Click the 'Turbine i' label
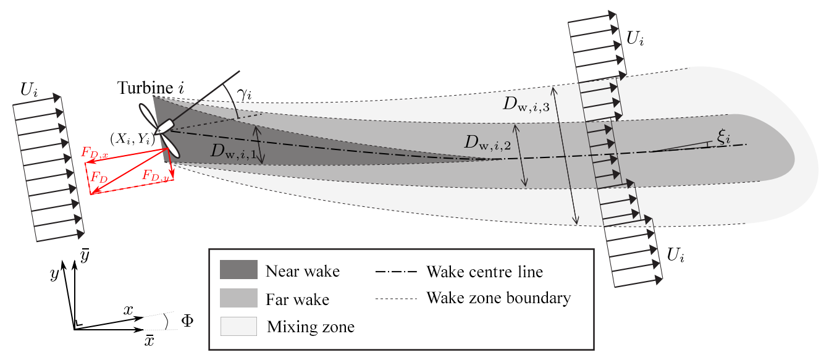(x=148, y=88)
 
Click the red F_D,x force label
(x=95, y=151)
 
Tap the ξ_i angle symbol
(x=724, y=138)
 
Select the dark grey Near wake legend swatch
(x=238, y=270)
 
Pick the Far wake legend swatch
(x=238, y=298)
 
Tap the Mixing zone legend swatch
(x=238, y=326)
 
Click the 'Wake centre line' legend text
(x=484, y=271)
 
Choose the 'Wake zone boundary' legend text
(x=499, y=298)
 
